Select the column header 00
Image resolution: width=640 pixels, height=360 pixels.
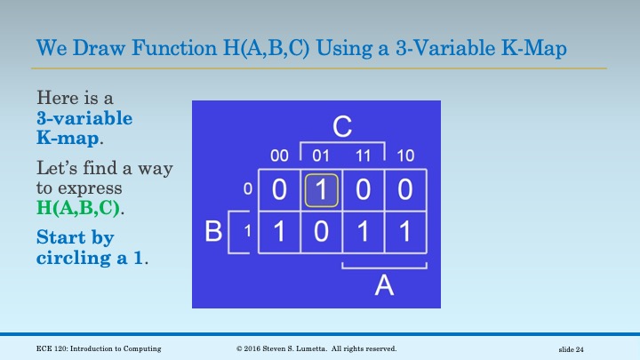pyautogui.click(x=279, y=156)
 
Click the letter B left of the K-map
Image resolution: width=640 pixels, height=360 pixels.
pyautogui.click(x=213, y=233)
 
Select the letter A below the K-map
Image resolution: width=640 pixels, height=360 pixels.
pyautogui.click(x=383, y=284)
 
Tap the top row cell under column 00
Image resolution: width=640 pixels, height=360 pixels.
pyautogui.click(x=279, y=189)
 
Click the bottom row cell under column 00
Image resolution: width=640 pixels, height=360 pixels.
pyautogui.click(x=279, y=233)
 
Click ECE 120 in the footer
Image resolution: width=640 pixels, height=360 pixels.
pyautogui.click(x=54, y=348)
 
